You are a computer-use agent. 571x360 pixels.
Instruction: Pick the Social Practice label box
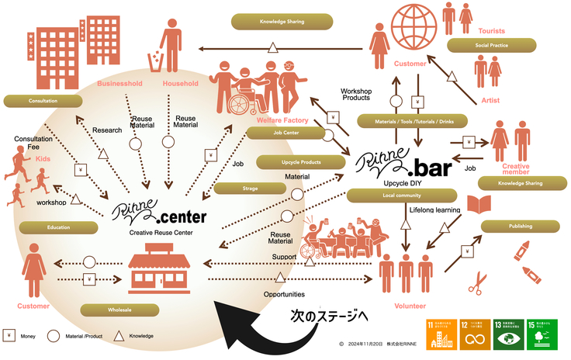(492, 46)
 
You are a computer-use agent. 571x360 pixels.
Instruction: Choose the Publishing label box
(520, 226)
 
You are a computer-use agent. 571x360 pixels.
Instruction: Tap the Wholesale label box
(115, 310)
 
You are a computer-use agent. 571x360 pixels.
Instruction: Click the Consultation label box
(43, 101)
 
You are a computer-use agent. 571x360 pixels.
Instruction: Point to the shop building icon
(161, 265)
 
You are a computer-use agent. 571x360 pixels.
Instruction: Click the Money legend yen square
(9, 336)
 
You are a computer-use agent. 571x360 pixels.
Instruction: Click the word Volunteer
(410, 306)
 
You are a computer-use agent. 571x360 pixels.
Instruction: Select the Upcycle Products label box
(300, 162)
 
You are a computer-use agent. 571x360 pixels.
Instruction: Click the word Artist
(490, 100)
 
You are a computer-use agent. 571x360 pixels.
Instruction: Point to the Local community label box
(385, 195)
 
